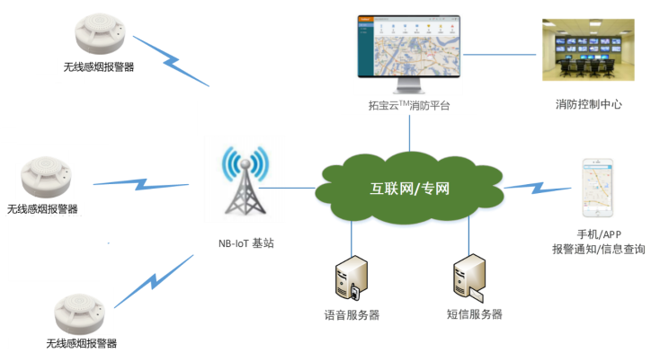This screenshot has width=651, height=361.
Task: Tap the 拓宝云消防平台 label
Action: [409, 106]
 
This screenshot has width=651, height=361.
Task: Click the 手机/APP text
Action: [599, 234]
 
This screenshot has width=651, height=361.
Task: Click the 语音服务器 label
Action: [352, 315]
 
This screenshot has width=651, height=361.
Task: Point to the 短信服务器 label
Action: [474, 314]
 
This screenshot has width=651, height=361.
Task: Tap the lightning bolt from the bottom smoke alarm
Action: [153, 280]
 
